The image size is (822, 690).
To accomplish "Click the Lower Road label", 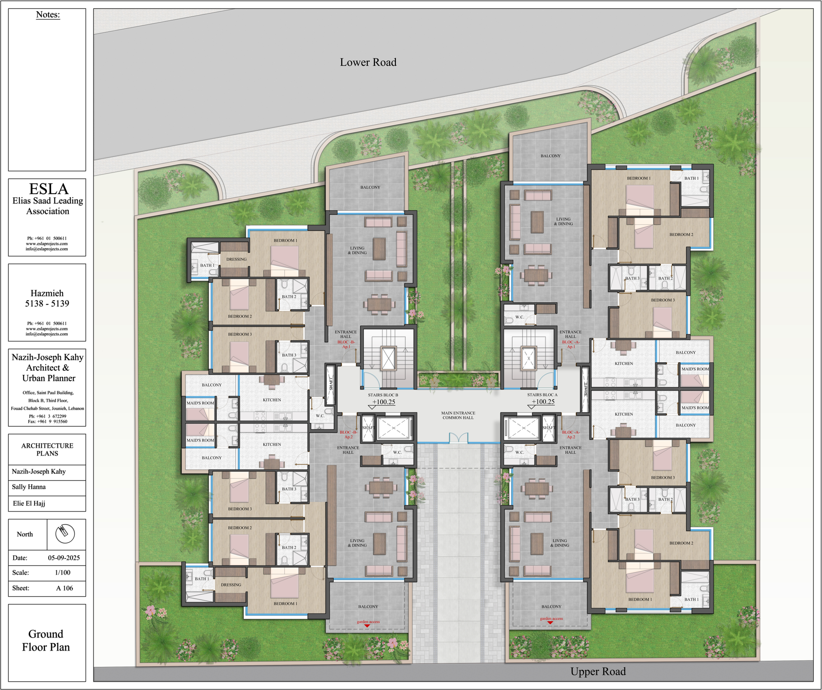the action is tap(368, 62).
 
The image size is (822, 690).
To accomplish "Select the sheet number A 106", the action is tap(65, 588).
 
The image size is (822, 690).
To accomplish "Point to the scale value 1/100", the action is tap(63, 572).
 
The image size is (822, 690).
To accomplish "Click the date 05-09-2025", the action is tap(64, 558).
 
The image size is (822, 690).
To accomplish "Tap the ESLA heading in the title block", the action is tap(48, 189).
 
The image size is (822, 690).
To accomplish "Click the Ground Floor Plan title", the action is tap(46, 640).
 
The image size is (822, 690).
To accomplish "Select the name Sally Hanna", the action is tap(29, 487).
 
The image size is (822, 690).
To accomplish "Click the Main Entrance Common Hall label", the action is tap(458, 415).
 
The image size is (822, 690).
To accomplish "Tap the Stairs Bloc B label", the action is tap(383, 395).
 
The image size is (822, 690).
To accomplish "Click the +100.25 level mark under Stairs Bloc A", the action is tap(543, 402).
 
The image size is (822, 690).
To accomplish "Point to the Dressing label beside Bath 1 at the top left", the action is tap(236, 259).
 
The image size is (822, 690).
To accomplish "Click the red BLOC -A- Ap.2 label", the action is tap(571, 435).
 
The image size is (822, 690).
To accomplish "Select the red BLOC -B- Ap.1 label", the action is tap(346, 344).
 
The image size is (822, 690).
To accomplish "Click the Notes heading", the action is tap(48, 15).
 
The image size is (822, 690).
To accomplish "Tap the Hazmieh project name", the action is tap(47, 293).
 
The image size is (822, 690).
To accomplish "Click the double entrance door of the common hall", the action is tap(459, 438).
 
